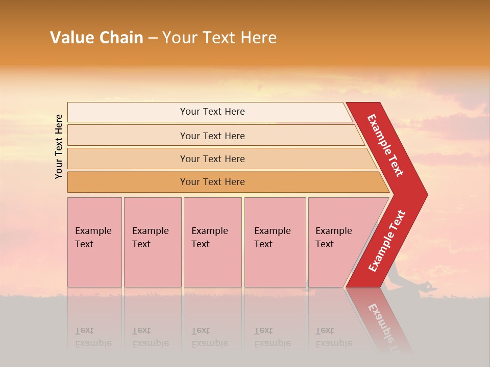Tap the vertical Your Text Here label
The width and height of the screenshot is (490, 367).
[x=59, y=146]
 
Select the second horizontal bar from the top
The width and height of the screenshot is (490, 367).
[x=212, y=136]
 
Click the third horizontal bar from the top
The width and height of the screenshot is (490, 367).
[x=212, y=159]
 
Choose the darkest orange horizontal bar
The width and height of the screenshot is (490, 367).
[x=212, y=182]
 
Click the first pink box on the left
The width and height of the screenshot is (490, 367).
[x=94, y=242]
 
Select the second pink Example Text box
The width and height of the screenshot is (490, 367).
[x=152, y=242]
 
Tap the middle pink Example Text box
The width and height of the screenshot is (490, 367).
[x=212, y=242]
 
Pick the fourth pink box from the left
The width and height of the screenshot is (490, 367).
[x=275, y=242]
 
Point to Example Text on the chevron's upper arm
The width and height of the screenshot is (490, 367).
[x=385, y=145]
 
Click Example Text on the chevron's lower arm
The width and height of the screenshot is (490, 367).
[x=387, y=241]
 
